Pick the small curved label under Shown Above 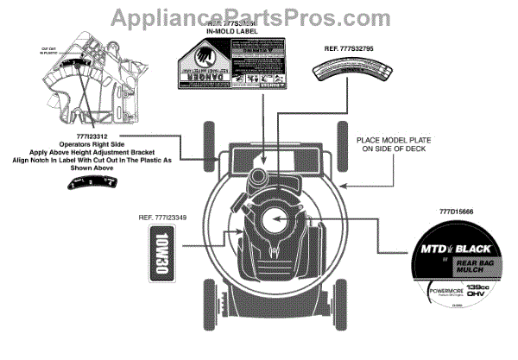(x=87, y=183)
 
